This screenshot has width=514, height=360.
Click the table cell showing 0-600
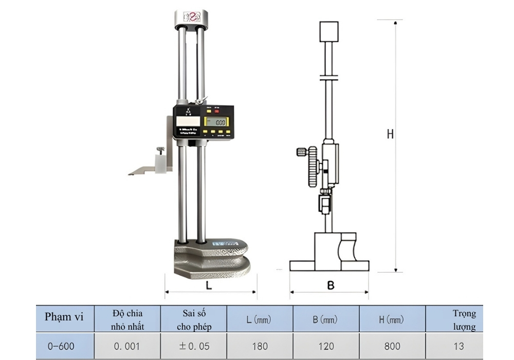(x=61, y=347)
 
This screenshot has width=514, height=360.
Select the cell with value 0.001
(x=127, y=347)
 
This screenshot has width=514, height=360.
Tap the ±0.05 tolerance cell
(x=194, y=347)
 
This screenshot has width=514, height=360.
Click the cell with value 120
(x=326, y=347)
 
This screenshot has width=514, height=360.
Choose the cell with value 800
(x=392, y=347)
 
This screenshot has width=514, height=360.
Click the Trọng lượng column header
(x=464, y=319)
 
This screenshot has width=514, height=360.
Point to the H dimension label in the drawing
(x=390, y=134)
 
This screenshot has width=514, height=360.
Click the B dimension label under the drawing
(x=331, y=284)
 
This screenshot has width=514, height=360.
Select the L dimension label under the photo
(x=208, y=284)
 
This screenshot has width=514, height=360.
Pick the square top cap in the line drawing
(x=329, y=31)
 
